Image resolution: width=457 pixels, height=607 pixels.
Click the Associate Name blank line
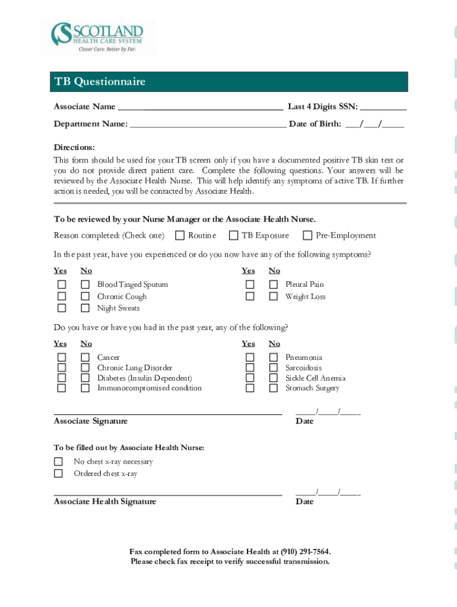200,107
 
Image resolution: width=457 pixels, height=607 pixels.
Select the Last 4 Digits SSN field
383,107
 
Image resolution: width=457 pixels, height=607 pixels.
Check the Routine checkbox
180,236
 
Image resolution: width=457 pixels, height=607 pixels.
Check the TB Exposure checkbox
233,236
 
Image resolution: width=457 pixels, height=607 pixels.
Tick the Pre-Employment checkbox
307,236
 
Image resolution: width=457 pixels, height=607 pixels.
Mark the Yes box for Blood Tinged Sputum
61,285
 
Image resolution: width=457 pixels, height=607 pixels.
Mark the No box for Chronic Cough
85,296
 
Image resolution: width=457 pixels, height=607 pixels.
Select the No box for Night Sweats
85,308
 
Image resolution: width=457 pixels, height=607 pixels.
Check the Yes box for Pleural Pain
250,285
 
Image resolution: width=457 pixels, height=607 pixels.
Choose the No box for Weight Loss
273,296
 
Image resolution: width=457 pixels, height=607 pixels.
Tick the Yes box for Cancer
61,357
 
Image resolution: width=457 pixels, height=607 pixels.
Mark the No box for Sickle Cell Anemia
273,378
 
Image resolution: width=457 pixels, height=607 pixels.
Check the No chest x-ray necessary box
58,462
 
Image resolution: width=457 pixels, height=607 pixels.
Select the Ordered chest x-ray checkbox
58,474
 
